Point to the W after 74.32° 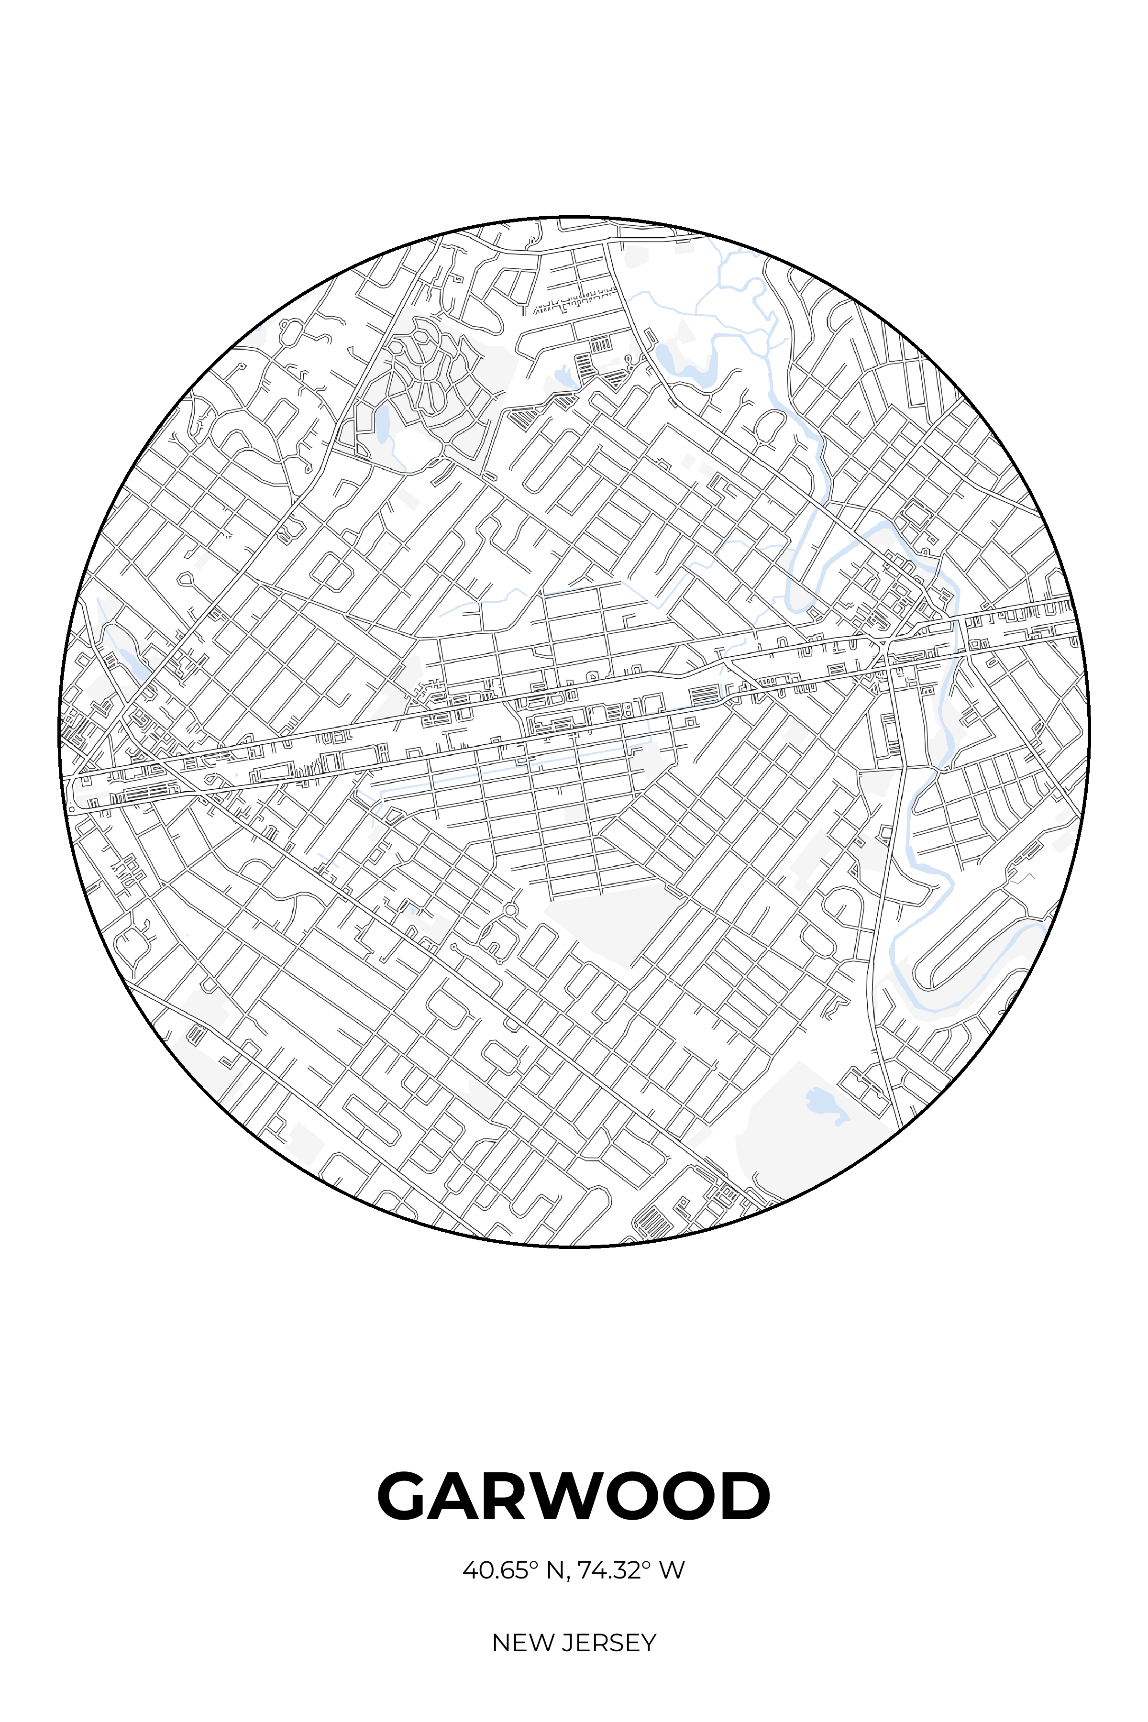pos(672,1570)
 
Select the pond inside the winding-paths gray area pos(381,423)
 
